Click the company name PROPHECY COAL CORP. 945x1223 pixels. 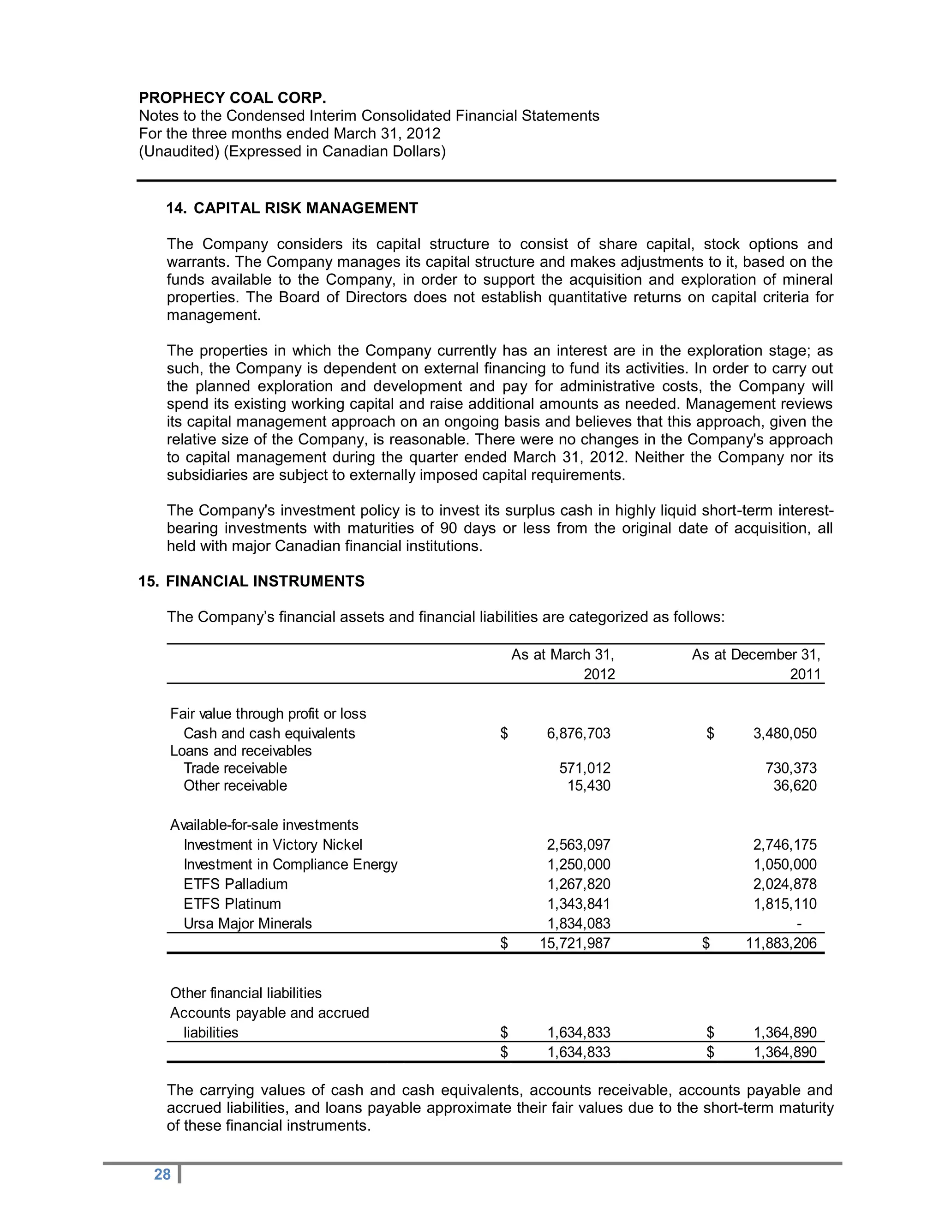click(x=233, y=98)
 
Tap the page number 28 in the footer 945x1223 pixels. click(x=162, y=1174)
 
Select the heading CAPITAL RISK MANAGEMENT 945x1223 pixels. click(x=305, y=208)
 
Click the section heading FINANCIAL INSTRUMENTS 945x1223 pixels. click(x=265, y=581)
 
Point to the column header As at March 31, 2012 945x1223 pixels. click(x=562, y=664)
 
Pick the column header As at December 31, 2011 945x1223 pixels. click(x=756, y=664)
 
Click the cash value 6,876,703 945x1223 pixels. click(x=578, y=734)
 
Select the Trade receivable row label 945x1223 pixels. click(x=235, y=768)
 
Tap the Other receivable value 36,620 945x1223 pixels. click(x=795, y=785)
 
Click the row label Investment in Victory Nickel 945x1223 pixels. click(x=273, y=845)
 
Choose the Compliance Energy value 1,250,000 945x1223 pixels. click(x=578, y=864)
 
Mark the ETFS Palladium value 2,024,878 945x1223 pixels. click(x=784, y=884)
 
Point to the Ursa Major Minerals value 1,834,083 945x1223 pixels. click(x=578, y=923)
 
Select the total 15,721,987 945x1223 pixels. click(x=574, y=944)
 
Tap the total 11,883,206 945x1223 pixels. click(x=781, y=944)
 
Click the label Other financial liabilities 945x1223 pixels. click(x=246, y=994)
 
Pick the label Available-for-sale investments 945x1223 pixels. click(x=264, y=825)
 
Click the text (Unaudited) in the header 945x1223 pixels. click(x=179, y=152)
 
